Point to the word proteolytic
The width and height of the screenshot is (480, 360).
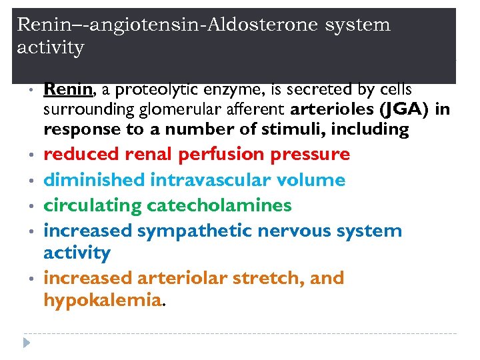coord(147,90)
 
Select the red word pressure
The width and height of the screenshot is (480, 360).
coord(311,155)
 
